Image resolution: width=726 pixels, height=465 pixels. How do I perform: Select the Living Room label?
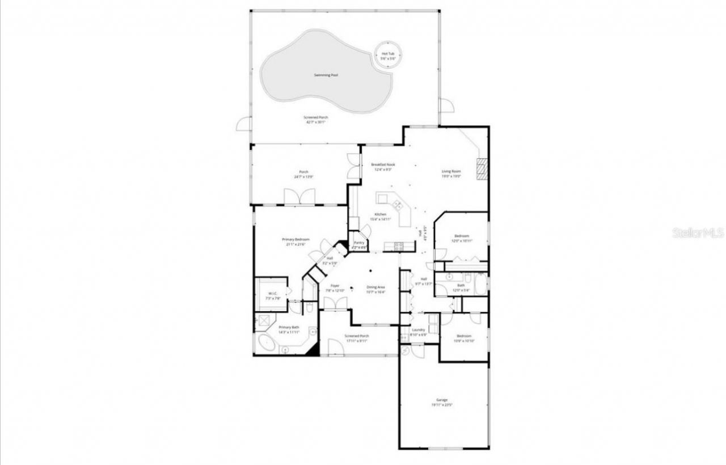point(451,174)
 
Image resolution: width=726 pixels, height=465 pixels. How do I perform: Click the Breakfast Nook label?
point(383,167)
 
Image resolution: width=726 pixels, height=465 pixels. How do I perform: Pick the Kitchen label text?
point(380,216)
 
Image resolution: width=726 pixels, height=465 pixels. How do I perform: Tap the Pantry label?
point(360,244)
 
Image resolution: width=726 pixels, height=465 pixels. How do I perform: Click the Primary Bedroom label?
point(296,242)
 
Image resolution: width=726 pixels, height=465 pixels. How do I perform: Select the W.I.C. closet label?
point(273,295)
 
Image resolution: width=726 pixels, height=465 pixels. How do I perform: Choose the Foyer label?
point(335,288)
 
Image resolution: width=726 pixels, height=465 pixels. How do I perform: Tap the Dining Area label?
point(375,289)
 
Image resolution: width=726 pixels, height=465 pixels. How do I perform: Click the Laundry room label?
point(419,332)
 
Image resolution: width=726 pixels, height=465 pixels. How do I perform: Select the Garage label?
point(442,402)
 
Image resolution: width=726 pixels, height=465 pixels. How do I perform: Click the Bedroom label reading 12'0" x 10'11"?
point(461,238)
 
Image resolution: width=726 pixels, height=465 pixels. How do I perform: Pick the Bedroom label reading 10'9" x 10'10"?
point(464,338)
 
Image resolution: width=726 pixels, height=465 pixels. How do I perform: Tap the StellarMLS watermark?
point(698,233)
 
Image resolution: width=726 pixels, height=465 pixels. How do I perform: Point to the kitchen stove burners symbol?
point(398,246)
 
